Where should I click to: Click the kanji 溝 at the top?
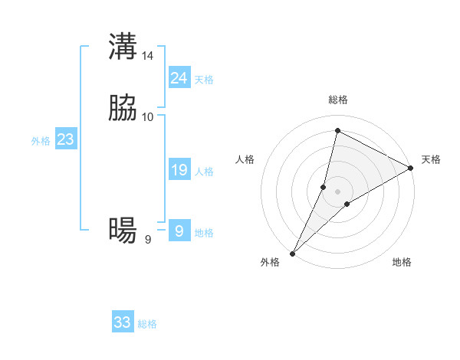point(123,47)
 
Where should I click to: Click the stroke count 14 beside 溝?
point(148,56)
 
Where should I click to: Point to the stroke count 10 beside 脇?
point(148,116)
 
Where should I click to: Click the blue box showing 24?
point(179,78)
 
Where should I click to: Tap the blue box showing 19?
point(179,170)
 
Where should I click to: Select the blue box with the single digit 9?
point(179,231)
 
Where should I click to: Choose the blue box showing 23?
point(65,140)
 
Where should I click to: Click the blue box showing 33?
point(122,322)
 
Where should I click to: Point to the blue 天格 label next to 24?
point(204,80)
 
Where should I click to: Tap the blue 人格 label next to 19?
point(204,172)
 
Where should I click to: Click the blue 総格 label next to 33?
point(147,324)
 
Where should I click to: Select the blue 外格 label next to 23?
point(41,142)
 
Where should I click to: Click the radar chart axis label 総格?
point(337,100)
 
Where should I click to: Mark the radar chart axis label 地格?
point(402,263)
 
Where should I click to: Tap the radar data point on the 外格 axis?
point(292,253)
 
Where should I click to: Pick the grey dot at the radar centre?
point(337,191)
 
